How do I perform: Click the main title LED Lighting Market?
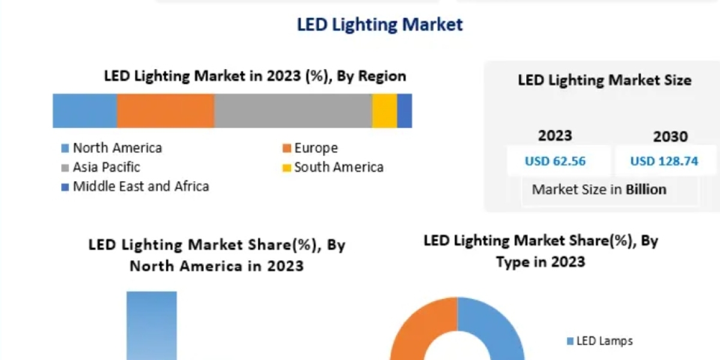click(x=380, y=25)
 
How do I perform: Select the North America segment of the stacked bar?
click(x=85, y=111)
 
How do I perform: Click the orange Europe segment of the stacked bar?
click(x=165, y=111)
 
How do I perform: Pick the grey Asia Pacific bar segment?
click(x=293, y=111)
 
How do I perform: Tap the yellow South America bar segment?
click(x=384, y=111)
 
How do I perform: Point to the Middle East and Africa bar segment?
click(x=404, y=111)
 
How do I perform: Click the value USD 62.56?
click(x=555, y=161)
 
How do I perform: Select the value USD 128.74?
click(x=664, y=161)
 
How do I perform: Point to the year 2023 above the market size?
click(x=555, y=136)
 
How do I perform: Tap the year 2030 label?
click(x=670, y=137)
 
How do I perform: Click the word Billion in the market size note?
click(x=646, y=190)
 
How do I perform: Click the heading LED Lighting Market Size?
click(x=604, y=80)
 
